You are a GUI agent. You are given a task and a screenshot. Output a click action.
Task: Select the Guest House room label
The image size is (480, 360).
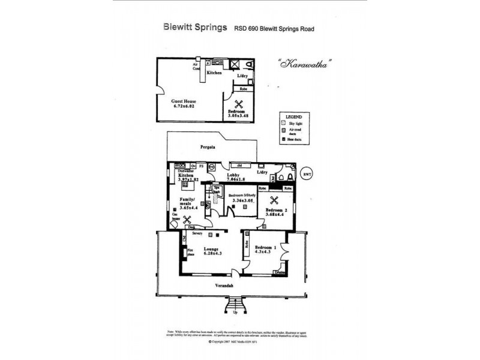click(x=184, y=105)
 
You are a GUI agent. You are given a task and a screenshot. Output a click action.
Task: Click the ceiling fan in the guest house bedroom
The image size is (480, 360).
click(x=238, y=103)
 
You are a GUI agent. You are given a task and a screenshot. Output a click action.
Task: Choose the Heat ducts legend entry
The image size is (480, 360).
click(x=294, y=140)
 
